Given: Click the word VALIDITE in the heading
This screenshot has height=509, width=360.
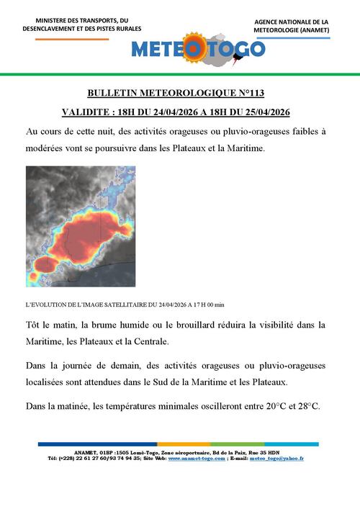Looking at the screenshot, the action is pyautogui.click(x=85, y=112).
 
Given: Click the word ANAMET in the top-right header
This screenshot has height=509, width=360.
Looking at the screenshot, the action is pyautogui.click(x=312, y=31).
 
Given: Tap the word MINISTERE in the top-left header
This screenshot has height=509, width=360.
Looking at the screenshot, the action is pyautogui.click(x=55, y=20).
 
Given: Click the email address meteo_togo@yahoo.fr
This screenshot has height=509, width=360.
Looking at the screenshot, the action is pyautogui.click(x=276, y=459).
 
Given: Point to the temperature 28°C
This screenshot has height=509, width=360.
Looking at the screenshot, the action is pyautogui.click(x=305, y=407).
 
